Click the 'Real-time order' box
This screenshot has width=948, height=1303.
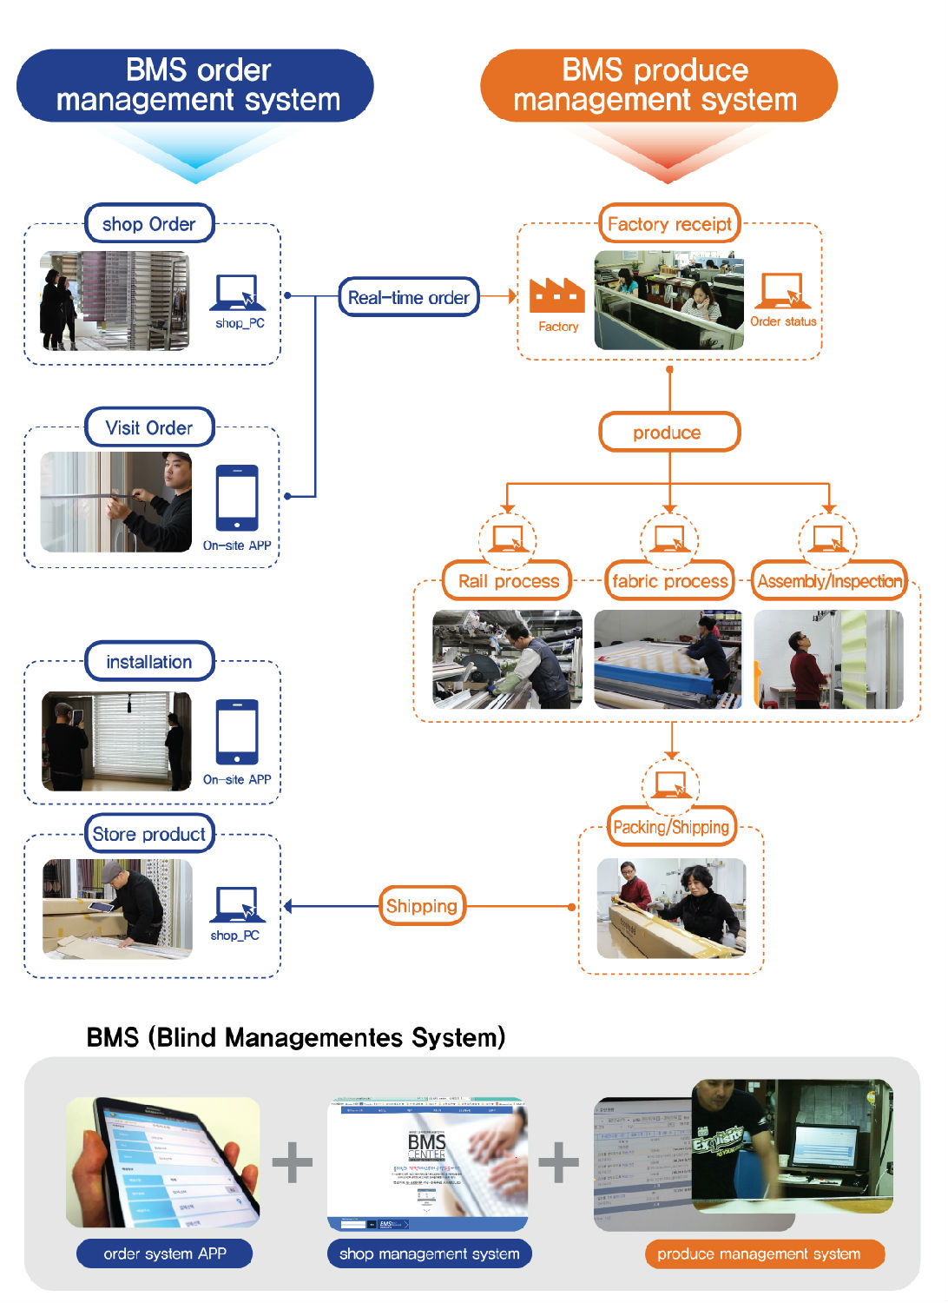click(x=408, y=297)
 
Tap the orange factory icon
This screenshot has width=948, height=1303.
click(x=557, y=296)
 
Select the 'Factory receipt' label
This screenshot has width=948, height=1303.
click(x=669, y=224)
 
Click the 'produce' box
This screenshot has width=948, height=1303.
click(x=669, y=432)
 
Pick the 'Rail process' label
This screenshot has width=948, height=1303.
click(x=508, y=581)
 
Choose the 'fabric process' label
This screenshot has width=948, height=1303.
click(x=669, y=581)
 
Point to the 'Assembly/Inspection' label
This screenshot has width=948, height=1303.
click(x=829, y=581)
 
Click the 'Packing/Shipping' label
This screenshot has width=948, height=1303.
click(x=671, y=827)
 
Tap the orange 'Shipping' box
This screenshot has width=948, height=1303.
click(x=422, y=906)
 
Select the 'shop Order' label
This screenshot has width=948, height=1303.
click(x=149, y=224)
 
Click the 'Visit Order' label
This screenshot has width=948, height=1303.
click(x=149, y=427)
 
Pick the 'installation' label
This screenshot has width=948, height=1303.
click(x=149, y=662)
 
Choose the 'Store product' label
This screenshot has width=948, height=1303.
click(x=149, y=834)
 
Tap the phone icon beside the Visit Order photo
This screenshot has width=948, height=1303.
click(x=237, y=498)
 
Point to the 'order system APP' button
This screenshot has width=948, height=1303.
click(x=165, y=1253)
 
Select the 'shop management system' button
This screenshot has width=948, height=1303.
click(x=430, y=1253)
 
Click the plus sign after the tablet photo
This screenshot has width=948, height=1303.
click(x=293, y=1162)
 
